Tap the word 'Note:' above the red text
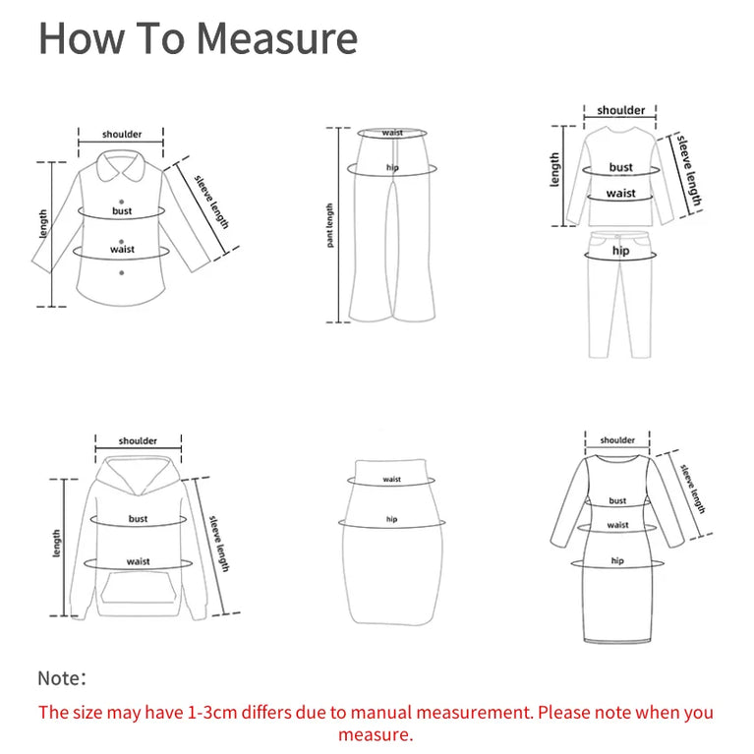(62, 677)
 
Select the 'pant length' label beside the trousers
(330, 225)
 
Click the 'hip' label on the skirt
(392, 519)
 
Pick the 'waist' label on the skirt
(392, 480)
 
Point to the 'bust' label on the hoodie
(138, 518)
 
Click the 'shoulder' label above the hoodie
(138, 441)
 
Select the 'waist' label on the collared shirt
(122, 249)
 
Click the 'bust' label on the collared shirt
(122, 211)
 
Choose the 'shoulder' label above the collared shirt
(122, 135)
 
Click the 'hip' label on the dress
(617, 560)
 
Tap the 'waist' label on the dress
(617, 525)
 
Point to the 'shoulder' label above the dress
(617, 440)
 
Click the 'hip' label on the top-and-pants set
(620, 252)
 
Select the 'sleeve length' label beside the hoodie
(221, 543)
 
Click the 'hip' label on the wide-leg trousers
(392, 168)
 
